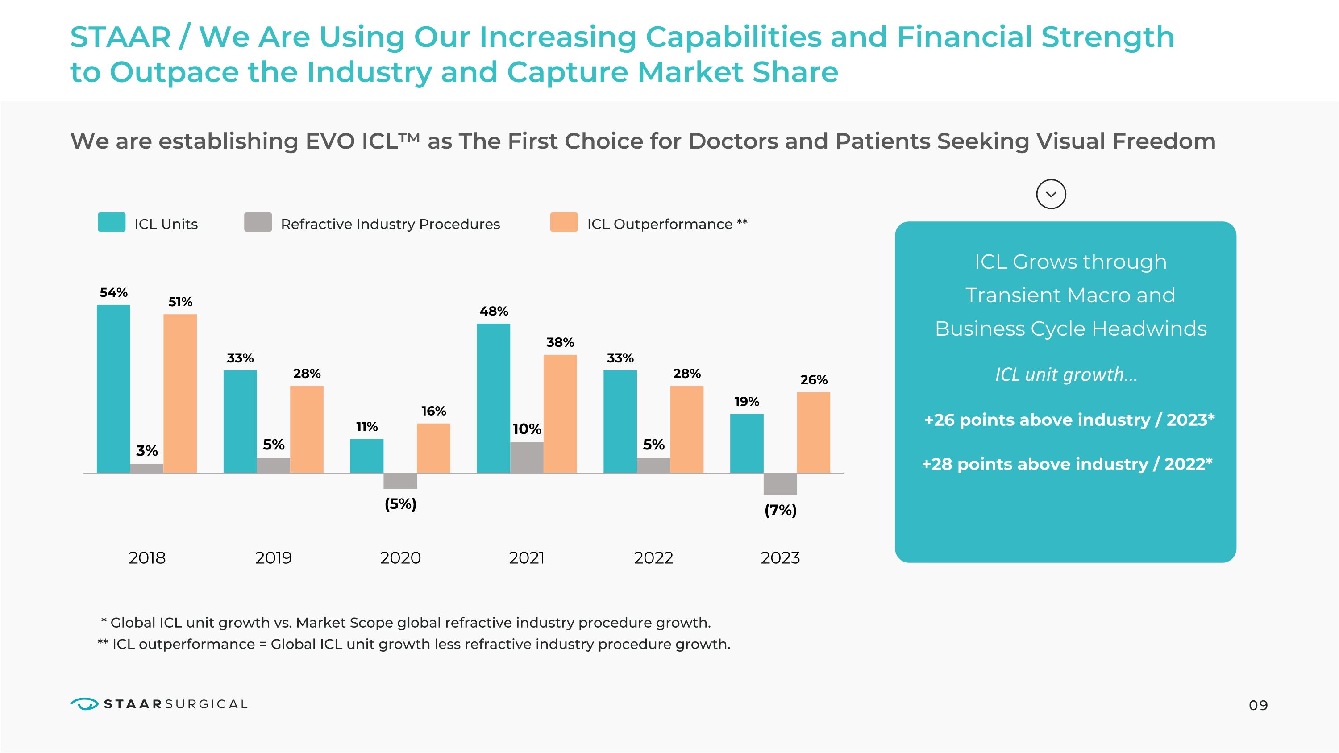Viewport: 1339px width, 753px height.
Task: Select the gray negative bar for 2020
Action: pyautogui.click(x=400, y=481)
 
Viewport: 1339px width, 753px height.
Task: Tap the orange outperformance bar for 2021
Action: pyautogui.click(x=560, y=414)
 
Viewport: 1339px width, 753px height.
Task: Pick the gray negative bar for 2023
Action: pyautogui.click(x=780, y=484)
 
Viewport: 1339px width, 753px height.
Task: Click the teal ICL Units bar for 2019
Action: pyautogui.click(x=240, y=421)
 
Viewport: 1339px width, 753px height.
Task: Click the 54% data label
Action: pyautogui.click(x=113, y=292)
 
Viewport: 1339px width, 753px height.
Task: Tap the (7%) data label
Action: pyautogui.click(x=780, y=510)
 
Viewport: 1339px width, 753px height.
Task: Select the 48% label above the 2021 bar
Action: pyautogui.click(x=493, y=311)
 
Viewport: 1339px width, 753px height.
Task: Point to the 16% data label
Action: pyautogui.click(x=433, y=411)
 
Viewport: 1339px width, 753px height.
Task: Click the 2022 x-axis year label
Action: pyautogui.click(x=653, y=557)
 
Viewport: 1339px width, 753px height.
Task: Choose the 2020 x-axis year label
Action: pyautogui.click(x=400, y=557)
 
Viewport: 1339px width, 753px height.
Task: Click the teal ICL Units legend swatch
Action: pyautogui.click(x=112, y=222)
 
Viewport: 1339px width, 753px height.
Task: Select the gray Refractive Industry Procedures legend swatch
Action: pyautogui.click(x=258, y=222)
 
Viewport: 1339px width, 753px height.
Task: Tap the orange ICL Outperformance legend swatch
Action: pyautogui.click(x=564, y=222)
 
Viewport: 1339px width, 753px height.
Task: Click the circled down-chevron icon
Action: pyautogui.click(x=1051, y=194)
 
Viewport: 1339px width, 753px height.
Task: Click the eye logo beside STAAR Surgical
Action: pyautogui.click(x=84, y=704)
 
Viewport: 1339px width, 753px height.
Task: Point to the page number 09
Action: pyautogui.click(x=1258, y=705)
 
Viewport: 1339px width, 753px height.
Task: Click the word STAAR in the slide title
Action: pyautogui.click(x=121, y=37)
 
